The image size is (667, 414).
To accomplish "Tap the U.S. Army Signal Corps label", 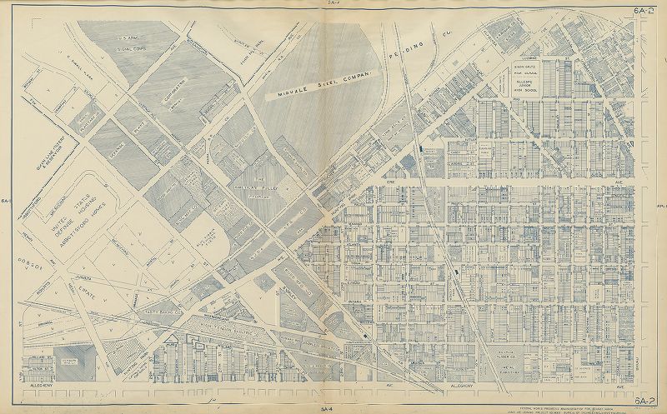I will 132,43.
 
